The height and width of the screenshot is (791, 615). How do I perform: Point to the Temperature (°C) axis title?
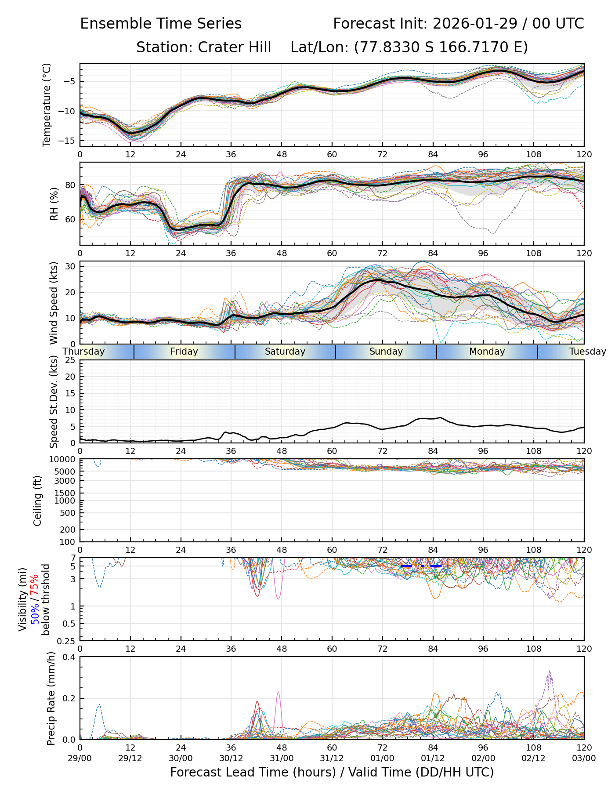[47, 105]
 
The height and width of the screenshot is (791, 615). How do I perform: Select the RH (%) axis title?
[54, 204]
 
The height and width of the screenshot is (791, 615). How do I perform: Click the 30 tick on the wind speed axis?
[71, 266]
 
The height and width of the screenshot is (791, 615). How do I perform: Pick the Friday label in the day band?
[184, 352]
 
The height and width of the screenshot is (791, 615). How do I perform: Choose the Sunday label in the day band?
[386, 352]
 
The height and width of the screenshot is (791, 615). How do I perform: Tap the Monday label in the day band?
[487, 352]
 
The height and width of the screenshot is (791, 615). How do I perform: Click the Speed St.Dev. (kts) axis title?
[54, 401]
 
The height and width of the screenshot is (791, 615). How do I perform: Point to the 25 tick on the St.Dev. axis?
[70, 360]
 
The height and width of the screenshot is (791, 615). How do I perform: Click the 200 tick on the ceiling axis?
[69, 530]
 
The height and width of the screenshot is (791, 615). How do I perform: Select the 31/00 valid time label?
[282, 758]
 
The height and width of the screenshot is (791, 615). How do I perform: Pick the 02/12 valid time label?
[534, 758]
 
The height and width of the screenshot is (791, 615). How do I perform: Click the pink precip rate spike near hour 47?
[278, 693]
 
